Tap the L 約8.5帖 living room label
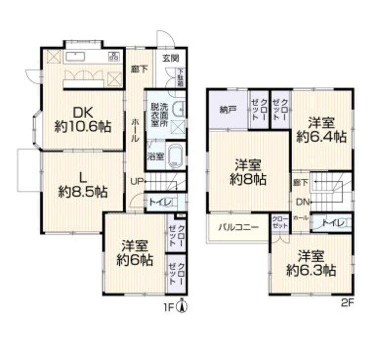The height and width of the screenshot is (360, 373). click(x=83, y=184)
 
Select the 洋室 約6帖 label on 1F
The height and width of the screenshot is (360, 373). click(x=135, y=253)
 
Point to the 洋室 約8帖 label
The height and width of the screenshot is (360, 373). click(x=249, y=172)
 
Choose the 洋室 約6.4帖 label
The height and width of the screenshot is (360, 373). click(x=321, y=130)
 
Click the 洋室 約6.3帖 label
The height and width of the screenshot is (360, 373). click(x=311, y=264)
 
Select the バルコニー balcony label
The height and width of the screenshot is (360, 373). click(x=238, y=228)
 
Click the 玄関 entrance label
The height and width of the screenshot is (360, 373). click(x=170, y=58)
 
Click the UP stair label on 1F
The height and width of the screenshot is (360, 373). click(x=137, y=181)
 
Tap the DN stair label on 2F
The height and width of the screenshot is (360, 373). click(x=301, y=202)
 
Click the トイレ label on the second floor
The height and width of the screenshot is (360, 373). click(x=332, y=223)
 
